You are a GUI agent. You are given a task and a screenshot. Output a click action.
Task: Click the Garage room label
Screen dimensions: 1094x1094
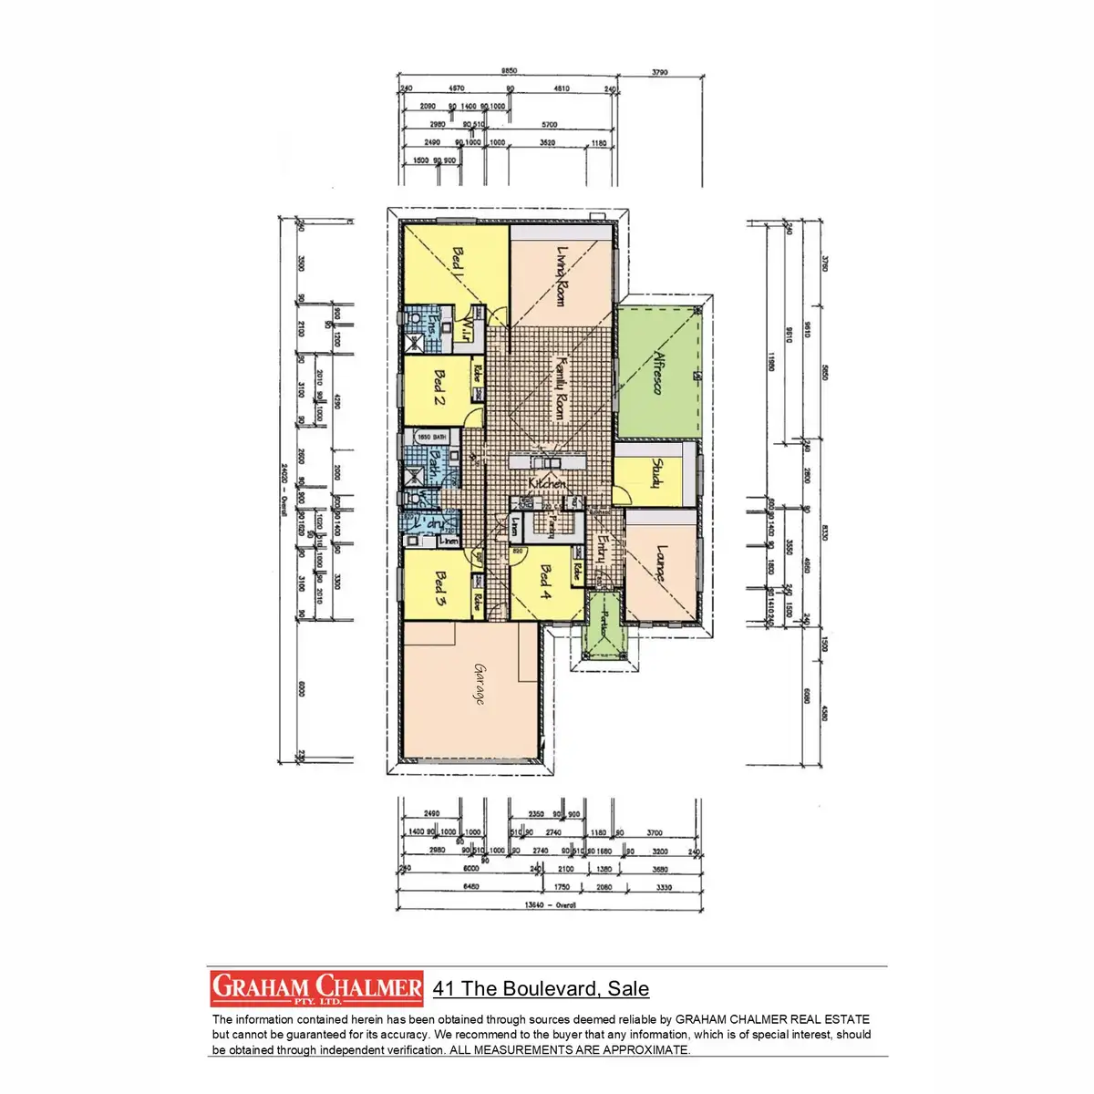pyautogui.click(x=478, y=683)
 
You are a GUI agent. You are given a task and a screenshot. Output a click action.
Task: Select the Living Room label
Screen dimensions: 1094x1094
pyautogui.click(x=562, y=275)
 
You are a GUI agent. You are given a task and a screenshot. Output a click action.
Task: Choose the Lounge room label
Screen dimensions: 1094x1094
pyautogui.click(x=661, y=564)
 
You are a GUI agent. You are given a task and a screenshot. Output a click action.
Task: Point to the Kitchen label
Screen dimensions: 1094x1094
pyautogui.click(x=547, y=484)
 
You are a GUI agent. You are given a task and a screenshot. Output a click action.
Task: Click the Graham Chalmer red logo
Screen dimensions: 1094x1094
pyautogui.click(x=317, y=988)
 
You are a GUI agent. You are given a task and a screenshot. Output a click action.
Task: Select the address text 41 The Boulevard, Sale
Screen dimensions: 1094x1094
pyautogui.click(x=541, y=989)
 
